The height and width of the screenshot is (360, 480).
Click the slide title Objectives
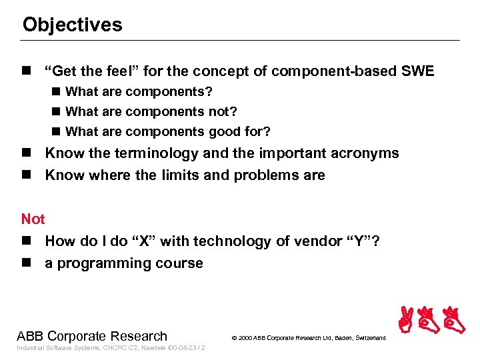tap(72, 25)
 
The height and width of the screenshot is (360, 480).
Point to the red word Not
tap(33, 219)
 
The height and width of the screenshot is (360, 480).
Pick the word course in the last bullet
tap(179, 263)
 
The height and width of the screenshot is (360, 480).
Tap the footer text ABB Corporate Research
tap(92, 336)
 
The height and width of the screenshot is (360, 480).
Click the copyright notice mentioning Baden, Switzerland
tap(308, 338)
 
